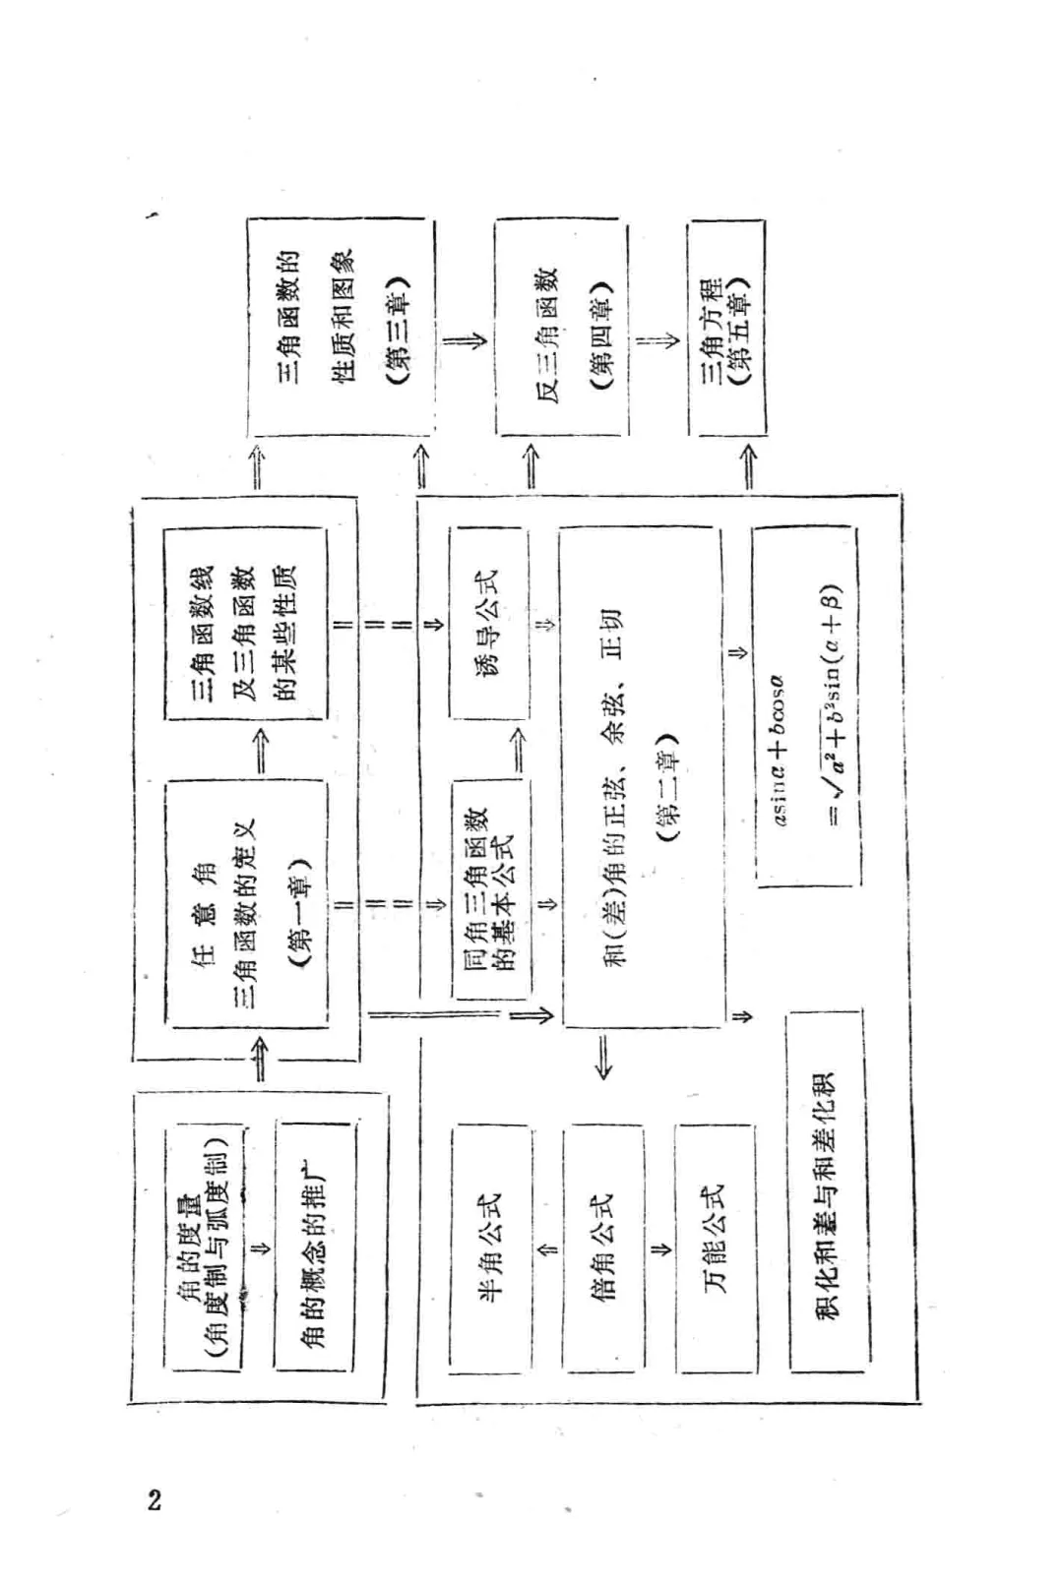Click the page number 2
154,1499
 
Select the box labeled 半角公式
490,1249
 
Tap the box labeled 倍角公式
602,1249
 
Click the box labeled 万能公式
716,1249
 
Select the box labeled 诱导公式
488,622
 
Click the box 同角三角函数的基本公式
490,889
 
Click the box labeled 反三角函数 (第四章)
561,328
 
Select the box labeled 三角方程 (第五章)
726,328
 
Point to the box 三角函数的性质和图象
340,328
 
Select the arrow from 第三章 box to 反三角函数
464,340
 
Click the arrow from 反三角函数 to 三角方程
657,340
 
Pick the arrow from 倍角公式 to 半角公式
547,1249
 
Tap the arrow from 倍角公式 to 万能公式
660,1249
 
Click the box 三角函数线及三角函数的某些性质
244,624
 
